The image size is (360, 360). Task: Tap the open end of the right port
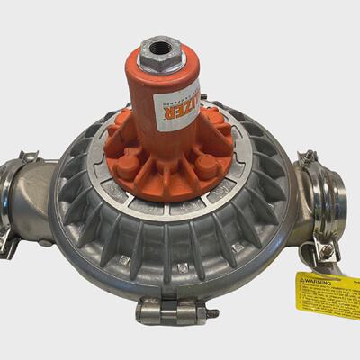pyautogui.click(x=337, y=207)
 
